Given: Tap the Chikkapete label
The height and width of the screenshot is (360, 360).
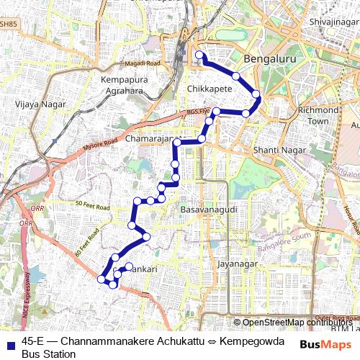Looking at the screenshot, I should pyautogui.click(x=209, y=89).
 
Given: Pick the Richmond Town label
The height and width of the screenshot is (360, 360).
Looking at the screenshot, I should pyautogui.click(x=318, y=115).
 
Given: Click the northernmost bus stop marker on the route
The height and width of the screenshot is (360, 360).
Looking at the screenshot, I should pyautogui.click(x=199, y=55).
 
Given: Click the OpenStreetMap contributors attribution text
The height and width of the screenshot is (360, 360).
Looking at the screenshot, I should pyautogui.click(x=296, y=323).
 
